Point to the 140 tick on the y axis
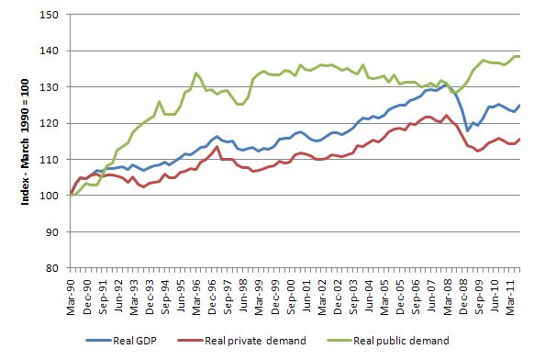pos(50,51)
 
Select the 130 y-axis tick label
pos(50,87)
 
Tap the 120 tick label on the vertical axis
pos(50,123)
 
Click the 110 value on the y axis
pos(50,160)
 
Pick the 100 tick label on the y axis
pos(50,196)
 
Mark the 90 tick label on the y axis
pos(52,231)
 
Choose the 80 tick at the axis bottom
pos(52,268)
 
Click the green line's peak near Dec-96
pos(196,73)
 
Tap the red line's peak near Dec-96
pos(216,146)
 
